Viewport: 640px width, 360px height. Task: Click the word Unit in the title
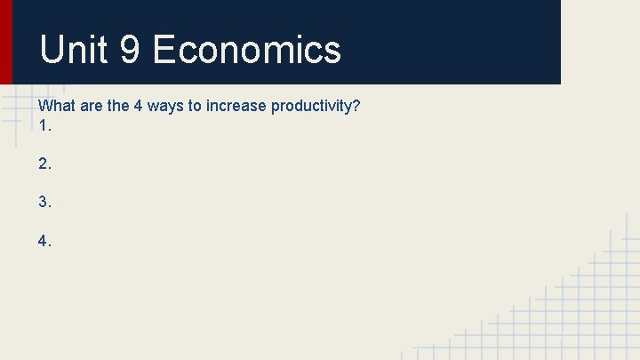coord(73,50)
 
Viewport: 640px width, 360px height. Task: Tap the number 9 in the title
coord(130,50)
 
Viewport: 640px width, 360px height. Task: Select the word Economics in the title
coord(247,50)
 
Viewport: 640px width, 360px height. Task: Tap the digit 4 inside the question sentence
coord(139,107)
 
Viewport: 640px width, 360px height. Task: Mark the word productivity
coord(311,107)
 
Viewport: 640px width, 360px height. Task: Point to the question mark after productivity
coord(356,107)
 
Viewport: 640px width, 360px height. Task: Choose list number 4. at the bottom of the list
coord(45,240)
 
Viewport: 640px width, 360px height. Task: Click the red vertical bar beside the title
coord(6,42)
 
